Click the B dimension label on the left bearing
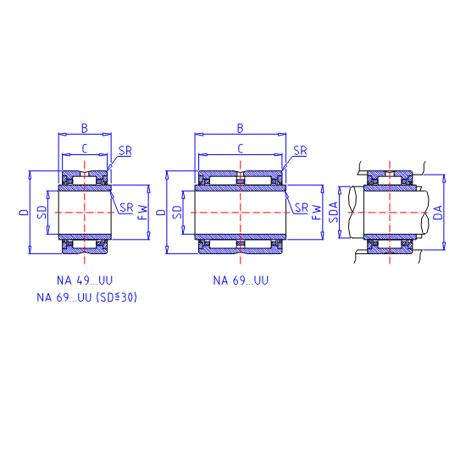tap(85, 129)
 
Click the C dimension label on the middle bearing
tap(241, 148)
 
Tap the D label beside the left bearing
tap(24, 212)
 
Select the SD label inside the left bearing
tap(42, 212)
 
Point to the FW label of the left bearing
tap(143, 212)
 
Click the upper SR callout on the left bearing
tap(125, 151)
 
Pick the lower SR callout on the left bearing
tap(126, 208)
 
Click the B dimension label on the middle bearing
tap(241, 129)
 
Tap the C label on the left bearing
tap(85, 148)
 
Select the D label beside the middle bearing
tap(161, 212)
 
